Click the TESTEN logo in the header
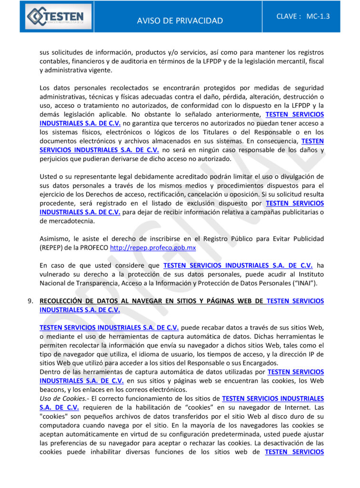pos(55,17)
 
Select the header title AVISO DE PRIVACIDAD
pos(180,20)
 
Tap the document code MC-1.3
pos(318,16)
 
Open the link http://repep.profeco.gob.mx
pos(153,248)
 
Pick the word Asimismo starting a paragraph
pos(55,238)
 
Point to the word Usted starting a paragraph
pos(49,177)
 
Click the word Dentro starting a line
pos(50,371)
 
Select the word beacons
pos(53,389)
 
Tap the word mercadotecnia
pos(70,221)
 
